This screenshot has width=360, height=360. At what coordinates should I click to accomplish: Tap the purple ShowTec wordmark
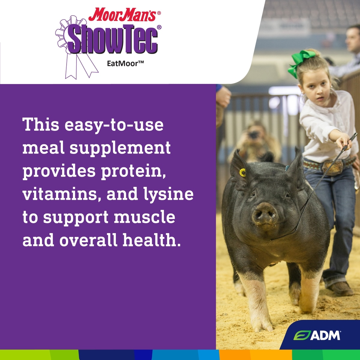[113, 39]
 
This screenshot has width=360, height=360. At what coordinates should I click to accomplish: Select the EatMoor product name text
[125, 64]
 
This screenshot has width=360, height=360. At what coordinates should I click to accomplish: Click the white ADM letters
[325, 335]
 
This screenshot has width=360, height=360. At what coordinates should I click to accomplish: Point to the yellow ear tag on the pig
[242, 172]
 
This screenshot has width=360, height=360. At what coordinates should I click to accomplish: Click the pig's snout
[265, 214]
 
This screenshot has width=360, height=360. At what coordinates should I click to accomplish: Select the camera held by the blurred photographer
[253, 135]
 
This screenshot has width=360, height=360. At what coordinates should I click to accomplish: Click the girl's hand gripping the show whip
[345, 142]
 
